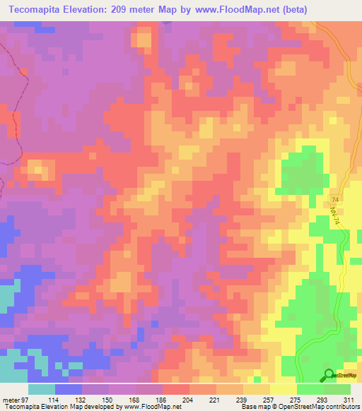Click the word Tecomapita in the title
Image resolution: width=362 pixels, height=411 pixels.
(41, 9)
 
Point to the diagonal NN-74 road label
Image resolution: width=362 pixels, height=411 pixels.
(336, 216)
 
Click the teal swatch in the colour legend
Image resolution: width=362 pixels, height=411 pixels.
(42, 389)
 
